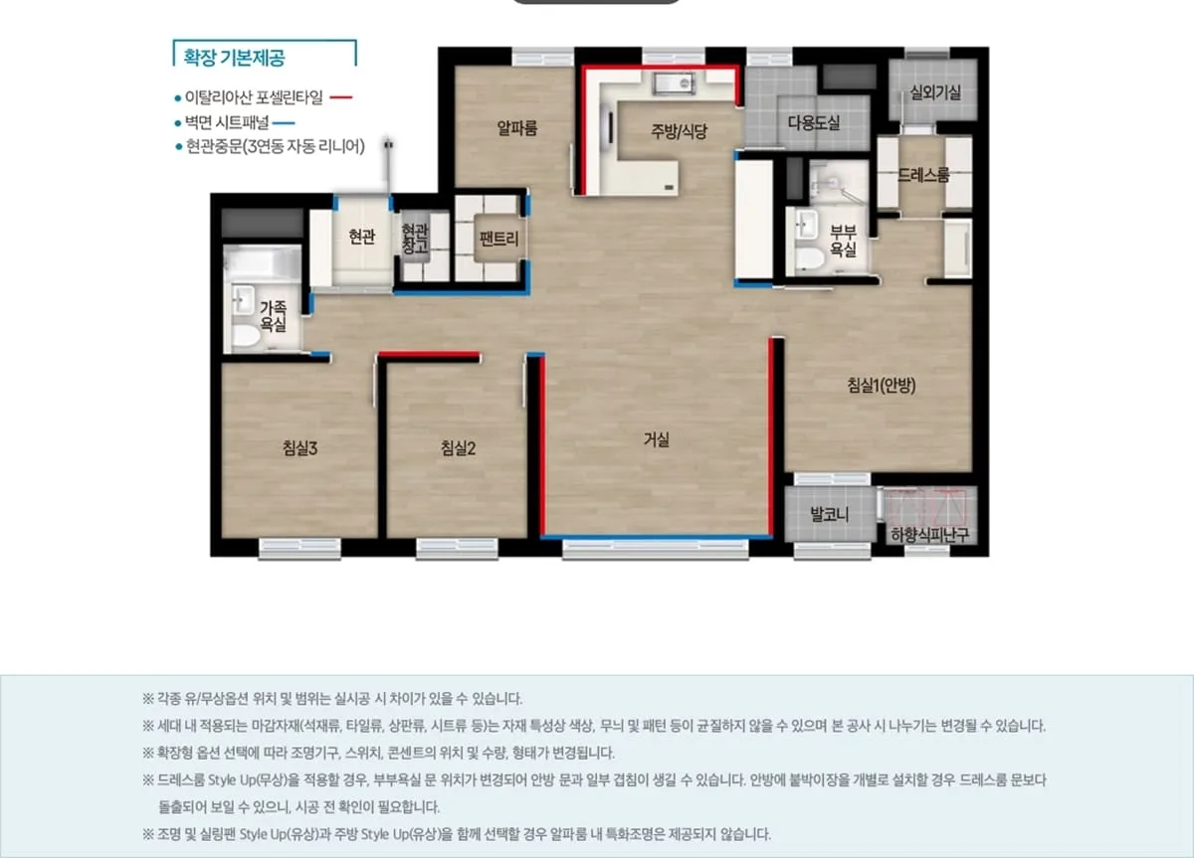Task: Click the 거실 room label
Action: pos(656,439)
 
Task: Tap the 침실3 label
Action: pos(300,448)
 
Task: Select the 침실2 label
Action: pos(458,448)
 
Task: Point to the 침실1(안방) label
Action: pos(882,385)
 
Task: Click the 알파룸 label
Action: pos(517,128)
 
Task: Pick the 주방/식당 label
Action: pos(679,131)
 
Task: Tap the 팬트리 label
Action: pos(498,239)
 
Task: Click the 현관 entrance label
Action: pos(362,237)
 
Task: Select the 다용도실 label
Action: pos(814,123)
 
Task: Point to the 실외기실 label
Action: pos(935,92)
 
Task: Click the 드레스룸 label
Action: pos(923,175)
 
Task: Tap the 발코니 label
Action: pos(830,514)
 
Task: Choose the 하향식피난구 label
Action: pos(930,535)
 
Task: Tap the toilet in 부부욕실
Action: pos(809,258)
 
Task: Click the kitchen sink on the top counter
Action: pos(674,85)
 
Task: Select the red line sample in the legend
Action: pos(341,97)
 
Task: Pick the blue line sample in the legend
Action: pos(284,123)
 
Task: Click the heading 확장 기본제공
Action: pos(234,58)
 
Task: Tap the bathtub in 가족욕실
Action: pos(263,263)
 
